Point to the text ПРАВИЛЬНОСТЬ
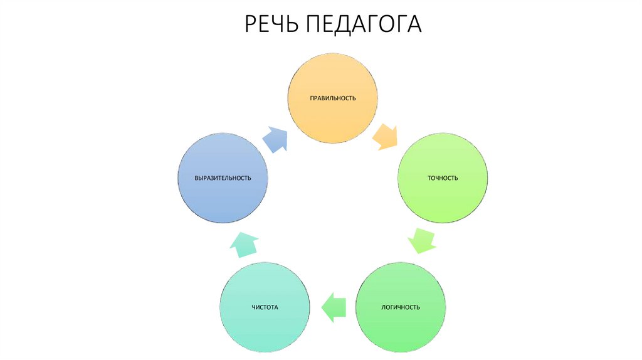pos(332,98)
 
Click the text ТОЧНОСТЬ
pos(443,178)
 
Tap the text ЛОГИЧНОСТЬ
pos(401,307)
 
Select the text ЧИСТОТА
pos(265,307)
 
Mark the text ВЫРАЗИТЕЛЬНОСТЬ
pos(223,178)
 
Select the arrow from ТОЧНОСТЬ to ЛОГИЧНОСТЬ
pos(421,240)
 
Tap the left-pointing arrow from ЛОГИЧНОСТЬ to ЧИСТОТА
pos(334,307)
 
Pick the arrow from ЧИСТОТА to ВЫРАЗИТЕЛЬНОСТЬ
pos(244,243)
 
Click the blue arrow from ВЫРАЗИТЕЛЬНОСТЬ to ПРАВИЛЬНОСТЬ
pos(274,138)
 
